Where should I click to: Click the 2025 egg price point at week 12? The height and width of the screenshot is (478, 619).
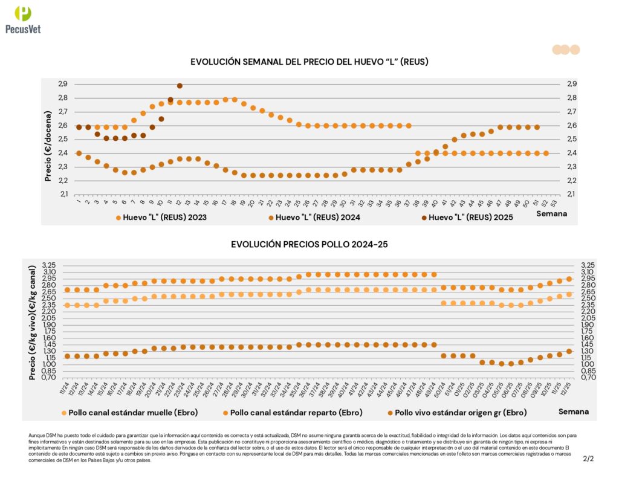click(x=180, y=86)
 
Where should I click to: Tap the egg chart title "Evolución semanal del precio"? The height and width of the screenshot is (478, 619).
click(x=309, y=62)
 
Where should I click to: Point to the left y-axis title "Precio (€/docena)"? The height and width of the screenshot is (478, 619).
click(x=48, y=139)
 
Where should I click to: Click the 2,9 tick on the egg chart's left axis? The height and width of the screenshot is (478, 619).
click(x=63, y=84)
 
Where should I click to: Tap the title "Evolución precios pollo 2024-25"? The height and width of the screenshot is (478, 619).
click(x=309, y=244)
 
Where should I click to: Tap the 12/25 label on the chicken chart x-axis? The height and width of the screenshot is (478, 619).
click(x=568, y=390)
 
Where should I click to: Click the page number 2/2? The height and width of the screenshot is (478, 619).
click(x=588, y=459)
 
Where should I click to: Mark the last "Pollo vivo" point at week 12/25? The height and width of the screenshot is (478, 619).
click(x=569, y=351)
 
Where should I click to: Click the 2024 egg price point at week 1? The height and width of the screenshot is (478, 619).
click(x=79, y=153)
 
